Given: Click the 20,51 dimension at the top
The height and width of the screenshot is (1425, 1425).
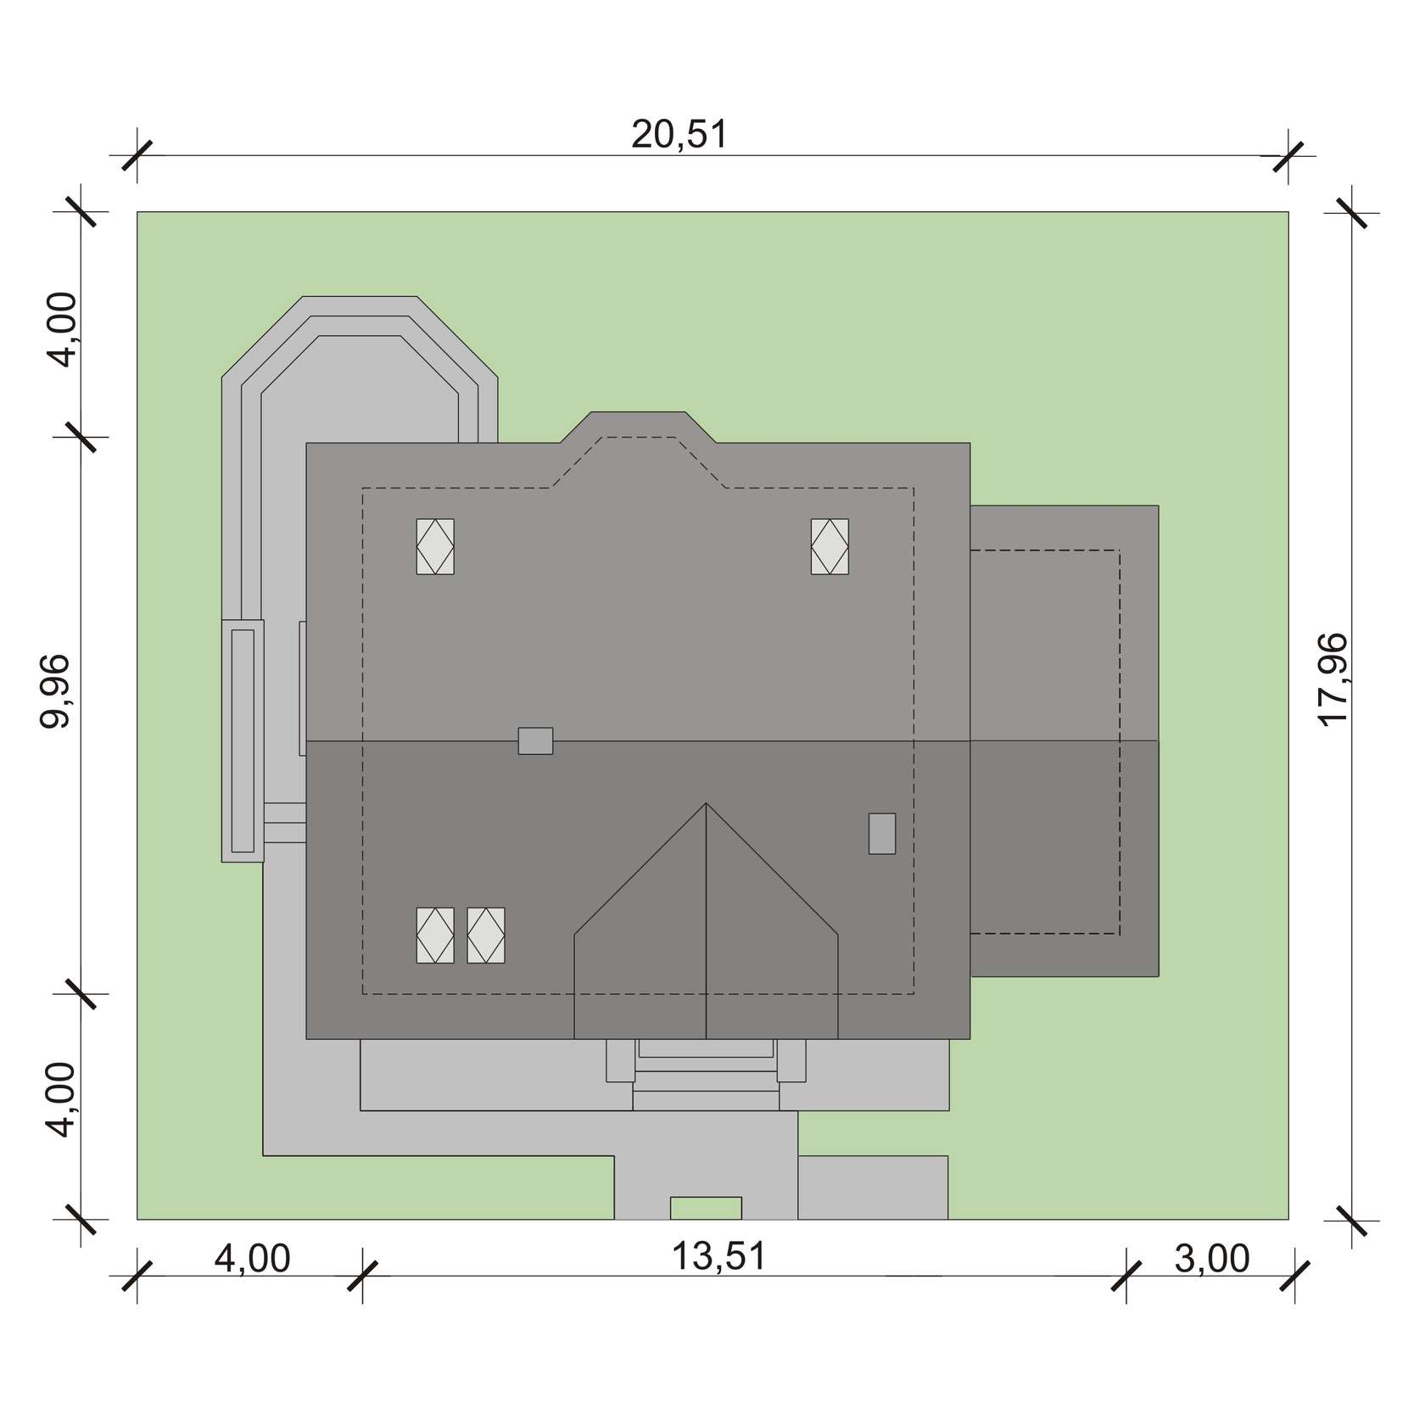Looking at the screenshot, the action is pos(679,135).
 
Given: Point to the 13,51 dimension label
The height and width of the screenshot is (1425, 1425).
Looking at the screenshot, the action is pos(719,1256).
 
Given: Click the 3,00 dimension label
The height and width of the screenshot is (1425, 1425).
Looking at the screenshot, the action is pos(1212,1259).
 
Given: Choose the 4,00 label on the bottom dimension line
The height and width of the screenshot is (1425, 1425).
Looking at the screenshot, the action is pos(252,1259).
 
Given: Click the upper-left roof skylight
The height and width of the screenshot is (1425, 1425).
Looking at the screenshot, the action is pos(435,546).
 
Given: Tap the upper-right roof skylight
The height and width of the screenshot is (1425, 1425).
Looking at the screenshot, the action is pos(830,546).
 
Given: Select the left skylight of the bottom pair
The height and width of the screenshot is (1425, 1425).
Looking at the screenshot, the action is pos(435,935).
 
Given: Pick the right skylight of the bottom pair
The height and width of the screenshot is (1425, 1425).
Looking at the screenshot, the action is pos(486,935).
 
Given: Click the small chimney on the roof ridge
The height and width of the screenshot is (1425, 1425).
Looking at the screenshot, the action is pos(536,740).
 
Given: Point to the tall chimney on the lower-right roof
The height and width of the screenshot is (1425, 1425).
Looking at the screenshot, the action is pos(882,833).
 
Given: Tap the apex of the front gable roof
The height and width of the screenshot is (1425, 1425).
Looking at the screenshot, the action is pos(706,802).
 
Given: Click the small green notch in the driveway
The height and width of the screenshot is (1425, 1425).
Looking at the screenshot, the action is pos(706,1208).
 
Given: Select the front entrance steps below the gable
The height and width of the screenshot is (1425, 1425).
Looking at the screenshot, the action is pos(706,1074).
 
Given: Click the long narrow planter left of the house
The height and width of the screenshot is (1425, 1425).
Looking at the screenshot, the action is pos(243,740).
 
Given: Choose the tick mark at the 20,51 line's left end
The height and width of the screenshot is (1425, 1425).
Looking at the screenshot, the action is pos(137,156).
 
